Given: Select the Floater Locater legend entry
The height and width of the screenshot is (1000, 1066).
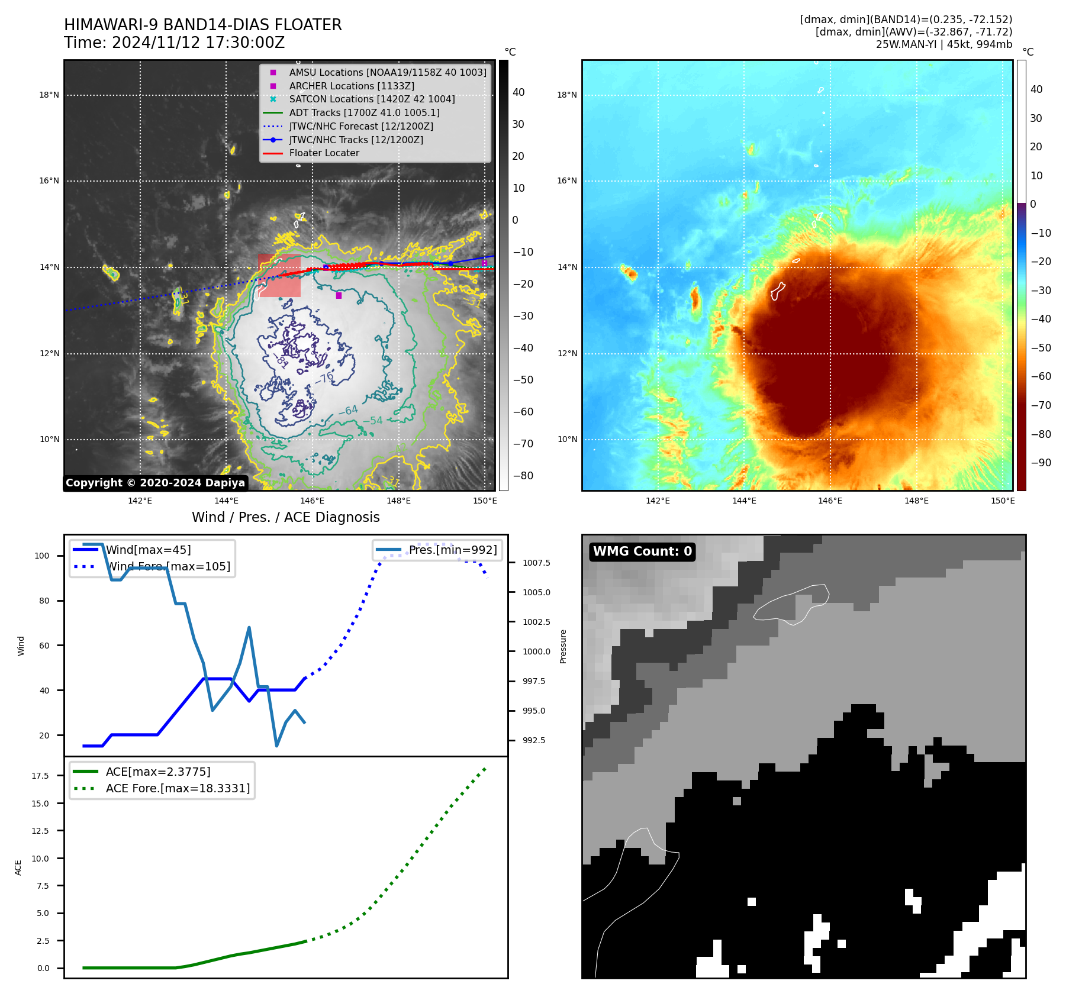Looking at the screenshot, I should pos(324,153).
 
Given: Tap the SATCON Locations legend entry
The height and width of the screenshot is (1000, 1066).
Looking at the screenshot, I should pos(372,99).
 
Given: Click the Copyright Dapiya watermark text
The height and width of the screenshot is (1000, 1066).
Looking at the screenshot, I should pos(155,483).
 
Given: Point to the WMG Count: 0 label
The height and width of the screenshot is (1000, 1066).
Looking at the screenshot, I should pos(642,551).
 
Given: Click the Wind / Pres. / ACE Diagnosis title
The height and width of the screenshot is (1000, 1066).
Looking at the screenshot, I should pos(285,517).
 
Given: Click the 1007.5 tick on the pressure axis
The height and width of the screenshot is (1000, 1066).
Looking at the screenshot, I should pos(536,563).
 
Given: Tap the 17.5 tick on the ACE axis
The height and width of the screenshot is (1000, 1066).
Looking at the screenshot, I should pos(40,776).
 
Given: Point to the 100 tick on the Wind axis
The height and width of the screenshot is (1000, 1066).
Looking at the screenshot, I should pos(42,556).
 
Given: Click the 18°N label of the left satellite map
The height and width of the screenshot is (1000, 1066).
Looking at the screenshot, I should pos(49,95).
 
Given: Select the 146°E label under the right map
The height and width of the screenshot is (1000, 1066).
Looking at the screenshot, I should pos(830,501).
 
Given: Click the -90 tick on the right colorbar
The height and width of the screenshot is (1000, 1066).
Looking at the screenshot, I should pos(1041,463).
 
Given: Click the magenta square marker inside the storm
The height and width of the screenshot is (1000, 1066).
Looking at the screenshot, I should pos(339,295).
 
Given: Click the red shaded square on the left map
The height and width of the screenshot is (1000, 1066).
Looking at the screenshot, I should pos(279,276).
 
